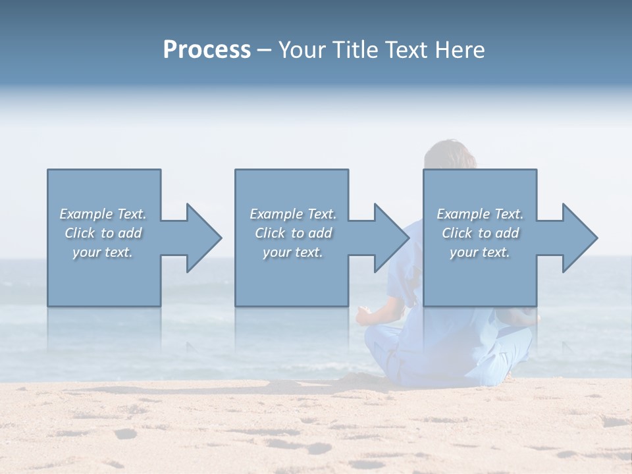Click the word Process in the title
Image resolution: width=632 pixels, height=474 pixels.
coord(207,50)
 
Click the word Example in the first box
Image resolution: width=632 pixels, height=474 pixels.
coord(86,214)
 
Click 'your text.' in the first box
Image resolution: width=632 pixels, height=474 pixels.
coord(103,252)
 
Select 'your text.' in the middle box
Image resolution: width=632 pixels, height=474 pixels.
coord(293,252)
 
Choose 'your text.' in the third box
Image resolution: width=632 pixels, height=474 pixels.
coord(480,252)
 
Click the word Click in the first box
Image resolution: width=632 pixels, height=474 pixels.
coord(80,233)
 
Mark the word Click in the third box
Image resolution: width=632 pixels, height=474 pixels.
coord(457,233)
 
